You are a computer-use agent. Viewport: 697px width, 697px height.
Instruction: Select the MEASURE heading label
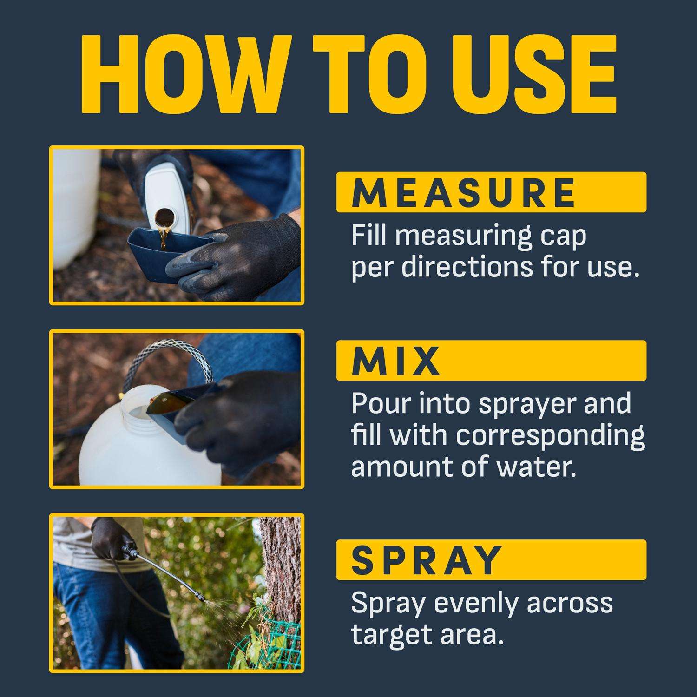pos(463,192)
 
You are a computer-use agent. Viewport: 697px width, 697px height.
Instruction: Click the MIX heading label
pos(395,361)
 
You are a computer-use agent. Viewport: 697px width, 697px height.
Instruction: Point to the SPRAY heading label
pos(427,560)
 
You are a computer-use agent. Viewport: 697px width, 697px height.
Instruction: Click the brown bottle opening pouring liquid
pos(163,216)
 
